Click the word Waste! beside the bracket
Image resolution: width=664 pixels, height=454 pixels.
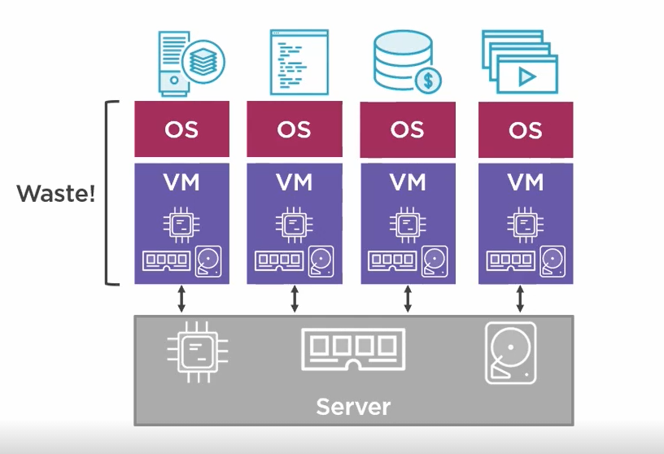click(56, 194)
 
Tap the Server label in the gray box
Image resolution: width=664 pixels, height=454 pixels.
click(353, 406)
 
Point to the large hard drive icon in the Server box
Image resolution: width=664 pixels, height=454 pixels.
click(510, 351)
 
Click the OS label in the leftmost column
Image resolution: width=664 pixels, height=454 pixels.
click(181, 129)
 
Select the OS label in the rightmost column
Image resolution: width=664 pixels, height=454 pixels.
click(525, 129)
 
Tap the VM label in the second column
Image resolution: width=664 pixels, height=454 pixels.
click(295, 181)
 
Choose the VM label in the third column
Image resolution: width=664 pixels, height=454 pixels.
click(408, 181)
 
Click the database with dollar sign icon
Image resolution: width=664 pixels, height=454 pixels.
click(404, 61)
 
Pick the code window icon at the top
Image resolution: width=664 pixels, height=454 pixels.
click(299, 62)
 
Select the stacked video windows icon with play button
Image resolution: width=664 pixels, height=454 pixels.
click(518, 62)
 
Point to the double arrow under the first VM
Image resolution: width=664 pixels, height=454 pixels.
click(181, 299)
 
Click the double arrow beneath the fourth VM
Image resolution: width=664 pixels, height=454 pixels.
click(520, 299)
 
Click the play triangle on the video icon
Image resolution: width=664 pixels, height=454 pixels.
click(526, 76)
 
